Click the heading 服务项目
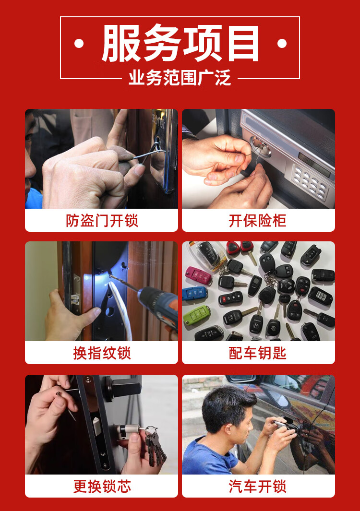coord(180,43)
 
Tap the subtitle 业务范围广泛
coord(180,78)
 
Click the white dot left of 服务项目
coord(79,43)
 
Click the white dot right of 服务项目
coord(282,43)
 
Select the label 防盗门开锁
coord(102,221)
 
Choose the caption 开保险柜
coord(258,221)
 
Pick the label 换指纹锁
coord(102,353)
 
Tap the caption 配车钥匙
coord(258,353)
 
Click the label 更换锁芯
coord(102,486)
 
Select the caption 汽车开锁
coord(258,486)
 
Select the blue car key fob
coord(195,293)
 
